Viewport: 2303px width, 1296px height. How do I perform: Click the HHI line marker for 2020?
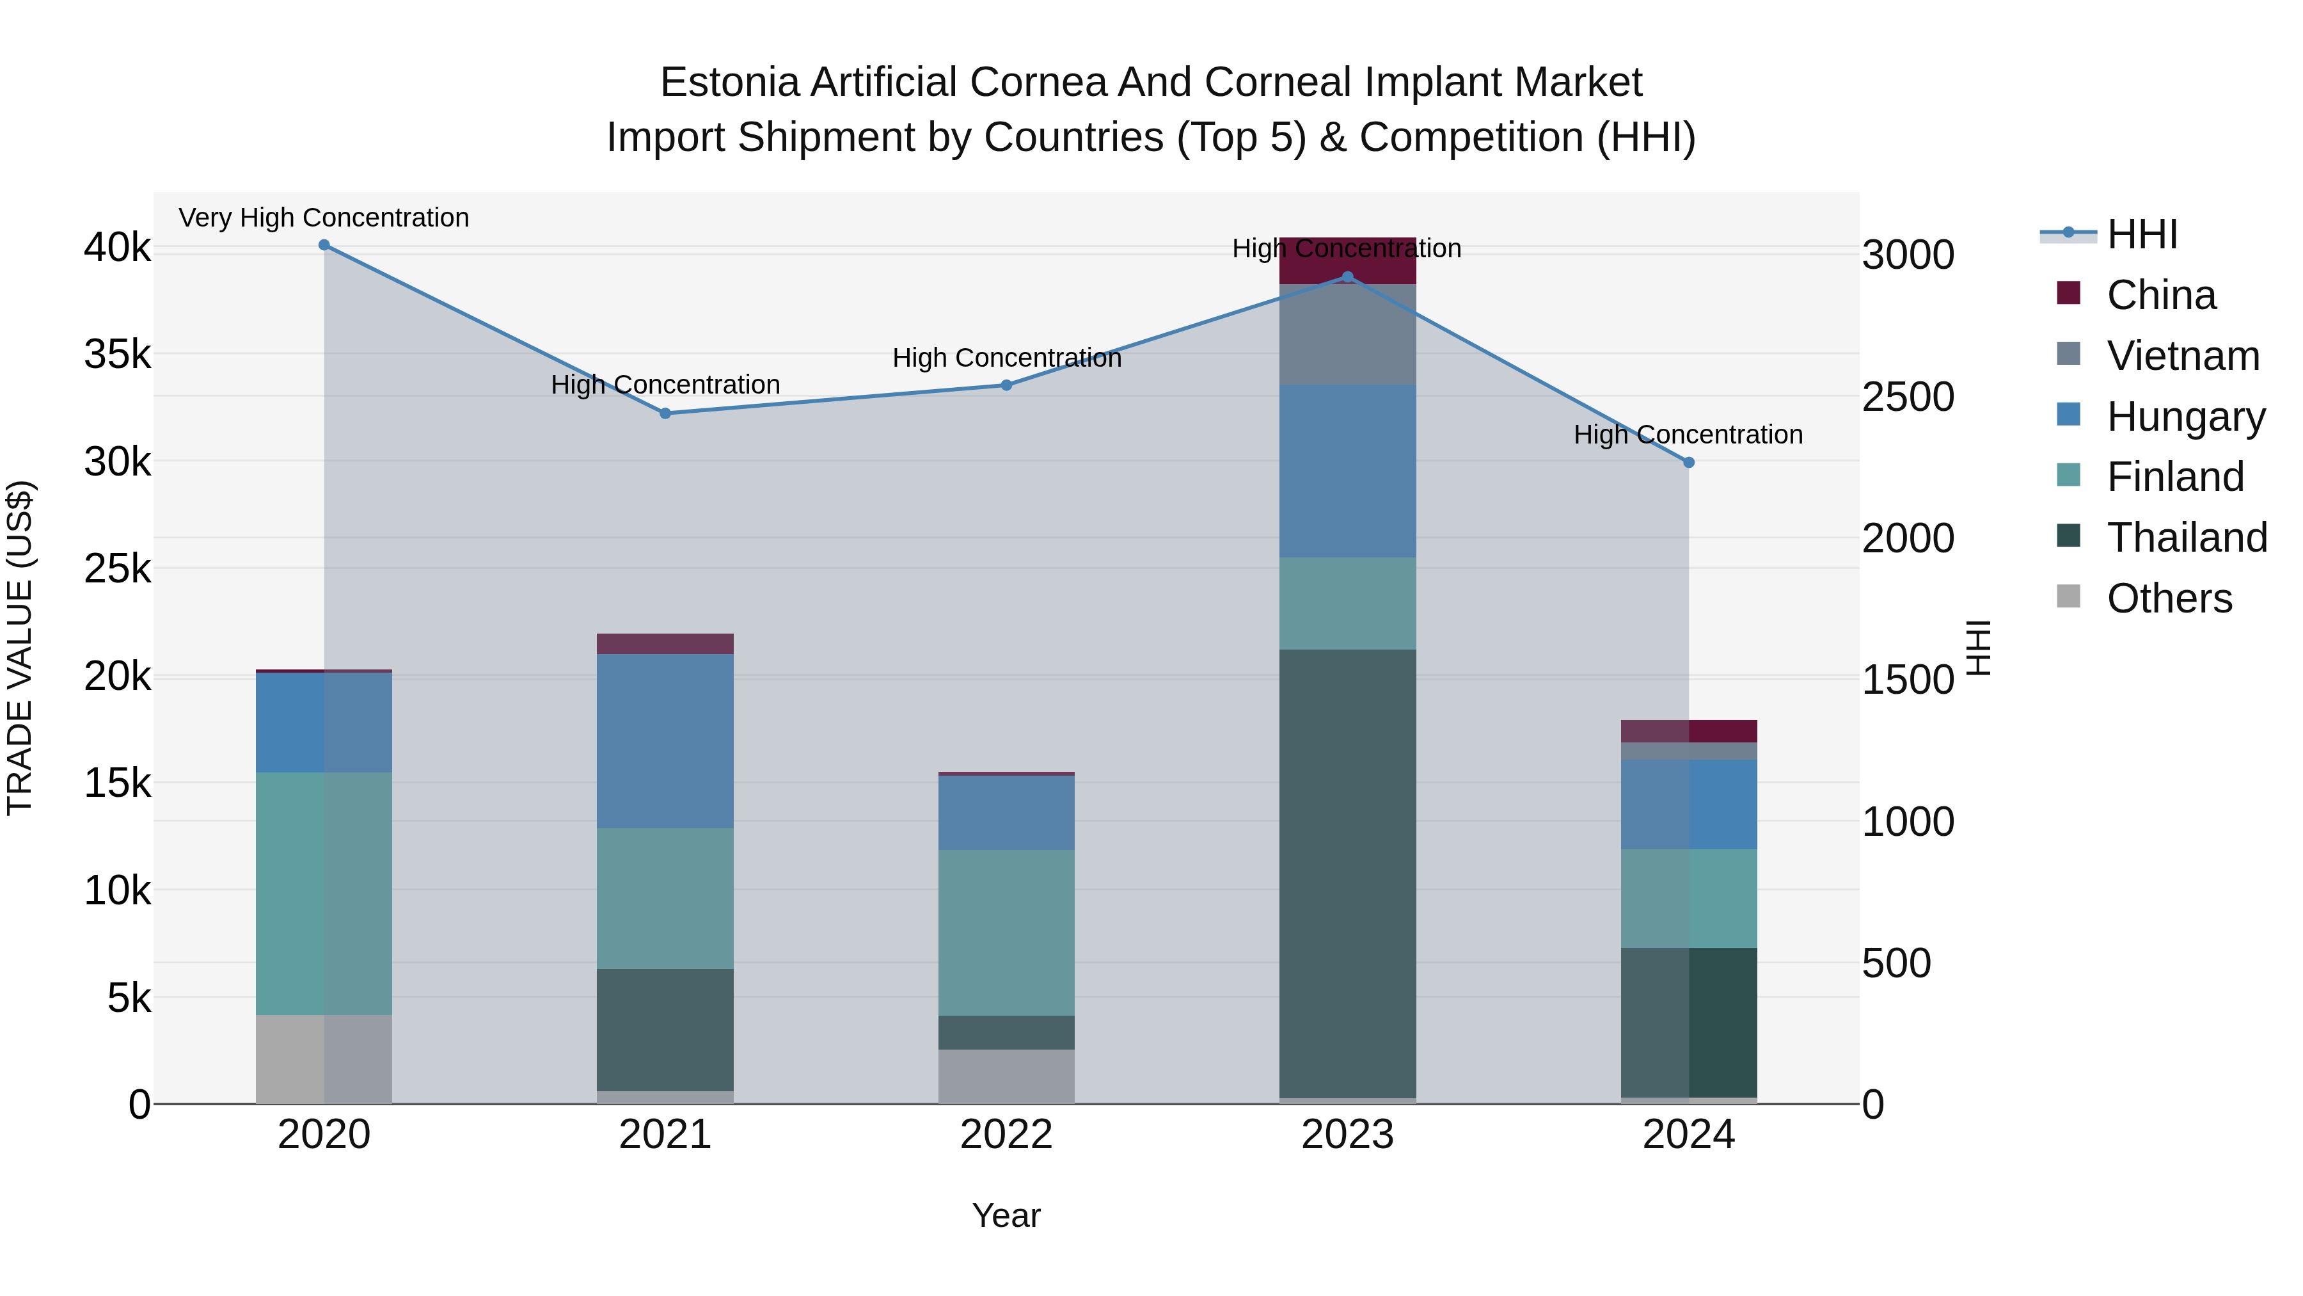click(324, 245)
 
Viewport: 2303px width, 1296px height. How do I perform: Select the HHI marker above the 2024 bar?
click(1688, 463)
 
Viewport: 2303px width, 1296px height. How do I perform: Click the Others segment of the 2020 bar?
click(324, 1059)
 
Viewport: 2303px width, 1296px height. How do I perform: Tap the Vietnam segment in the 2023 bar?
click(1347, 335)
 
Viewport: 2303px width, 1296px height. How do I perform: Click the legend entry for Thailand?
click(2186, 538)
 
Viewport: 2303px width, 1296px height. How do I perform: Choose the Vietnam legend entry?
click(2182, 356)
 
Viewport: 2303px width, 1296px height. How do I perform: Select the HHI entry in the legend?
click(2141, 234)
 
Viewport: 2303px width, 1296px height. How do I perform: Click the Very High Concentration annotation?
click(324, 218)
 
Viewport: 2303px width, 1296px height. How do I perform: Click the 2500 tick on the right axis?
click(1908, 397)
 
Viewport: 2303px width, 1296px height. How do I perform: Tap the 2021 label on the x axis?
click(665, 1135)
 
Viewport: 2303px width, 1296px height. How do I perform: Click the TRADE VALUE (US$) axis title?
click(20, 648)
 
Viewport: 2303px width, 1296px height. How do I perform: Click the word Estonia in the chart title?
click(728, 83)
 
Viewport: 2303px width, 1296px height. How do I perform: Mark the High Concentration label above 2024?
click(1688, 435)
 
